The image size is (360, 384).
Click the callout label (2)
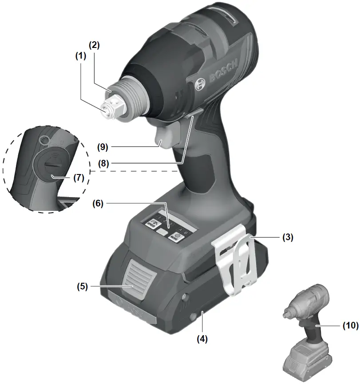point(94,45)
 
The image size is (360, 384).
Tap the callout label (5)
point(83,286)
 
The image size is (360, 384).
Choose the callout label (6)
point(98,203)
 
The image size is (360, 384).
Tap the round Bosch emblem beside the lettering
point(200,82)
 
